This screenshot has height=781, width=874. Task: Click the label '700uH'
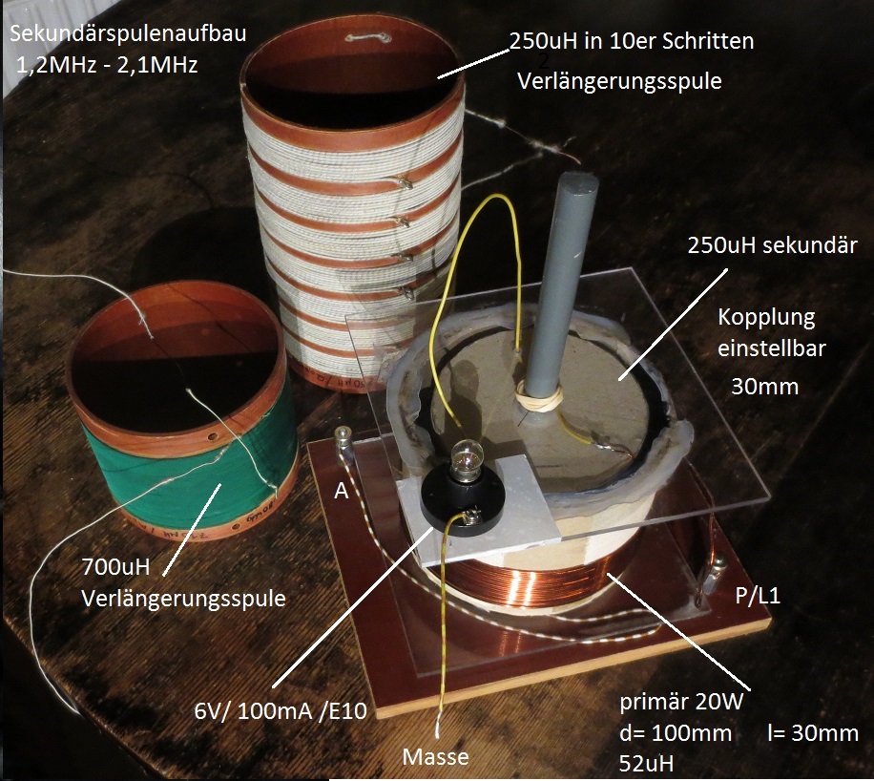[x=116, y=567]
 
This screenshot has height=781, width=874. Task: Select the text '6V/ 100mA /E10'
[x=281, y=711]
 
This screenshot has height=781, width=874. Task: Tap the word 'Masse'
[x=435, y=757]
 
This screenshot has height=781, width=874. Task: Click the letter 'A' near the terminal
[x=341, y=491]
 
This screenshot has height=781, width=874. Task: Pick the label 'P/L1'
[x=758, y=597]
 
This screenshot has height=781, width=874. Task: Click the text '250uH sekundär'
[x=772, y=245]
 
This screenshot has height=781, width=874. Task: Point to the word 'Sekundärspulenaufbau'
[x=128, y=33]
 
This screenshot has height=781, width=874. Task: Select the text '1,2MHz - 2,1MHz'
[x=107, y=65]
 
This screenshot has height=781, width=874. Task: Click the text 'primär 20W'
[x=681, y=702]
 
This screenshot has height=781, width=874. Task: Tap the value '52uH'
[x=647, y=763]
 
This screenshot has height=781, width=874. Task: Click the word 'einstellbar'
[x=772, y=348]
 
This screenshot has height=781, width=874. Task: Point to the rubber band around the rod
[x=538, y=396]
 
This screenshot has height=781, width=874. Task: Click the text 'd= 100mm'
[x=675, y=732]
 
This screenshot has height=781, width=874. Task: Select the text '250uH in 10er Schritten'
[x=632, y=41]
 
